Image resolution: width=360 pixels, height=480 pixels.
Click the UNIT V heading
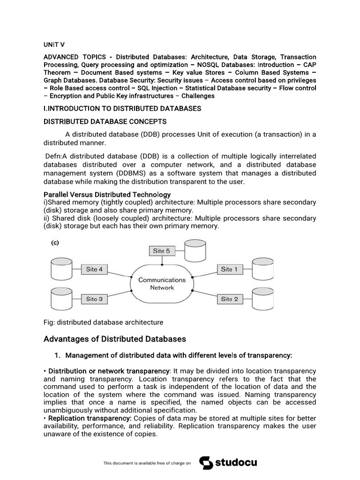tap(54, 44)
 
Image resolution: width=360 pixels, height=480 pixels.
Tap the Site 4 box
tap(97, 269)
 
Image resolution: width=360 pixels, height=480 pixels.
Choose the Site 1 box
tap(229, 269)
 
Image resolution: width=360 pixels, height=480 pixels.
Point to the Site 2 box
tap(229, 299)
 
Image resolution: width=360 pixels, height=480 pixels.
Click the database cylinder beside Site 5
tap(195, 251)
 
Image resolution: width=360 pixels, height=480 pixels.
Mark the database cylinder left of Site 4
tap(60, 269)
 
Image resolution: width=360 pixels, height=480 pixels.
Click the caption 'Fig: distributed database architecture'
tap(103, 322)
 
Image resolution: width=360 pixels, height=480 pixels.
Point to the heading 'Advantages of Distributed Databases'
tap(114, 339)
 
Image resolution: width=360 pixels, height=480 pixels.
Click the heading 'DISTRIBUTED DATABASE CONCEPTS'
tap(105, 121)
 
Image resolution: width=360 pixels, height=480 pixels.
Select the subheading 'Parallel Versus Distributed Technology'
tap(107, 194)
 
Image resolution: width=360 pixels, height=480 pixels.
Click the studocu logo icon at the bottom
tap(206, 463)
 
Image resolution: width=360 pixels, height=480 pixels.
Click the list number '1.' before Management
tap(59, 355)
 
